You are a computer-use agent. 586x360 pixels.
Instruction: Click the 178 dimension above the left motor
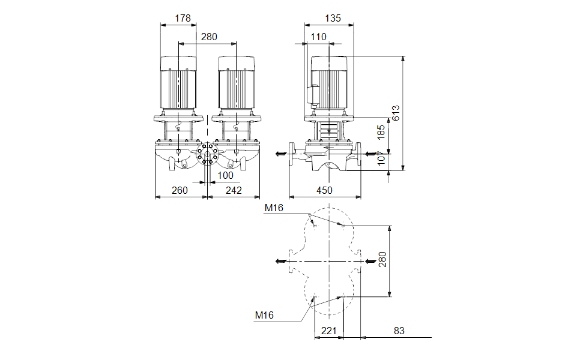[x=183, y=19]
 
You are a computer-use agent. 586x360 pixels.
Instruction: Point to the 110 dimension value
[x=318, y=37]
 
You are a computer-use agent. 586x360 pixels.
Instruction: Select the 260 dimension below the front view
[x=180, y=190]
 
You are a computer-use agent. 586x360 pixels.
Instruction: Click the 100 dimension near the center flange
[x=225, y=175]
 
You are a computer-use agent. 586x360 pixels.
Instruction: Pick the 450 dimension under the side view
[x=324, y=190]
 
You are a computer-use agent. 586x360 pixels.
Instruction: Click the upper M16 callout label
[x=274, y=208]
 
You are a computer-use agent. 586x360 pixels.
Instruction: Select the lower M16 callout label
[x=264, y=315]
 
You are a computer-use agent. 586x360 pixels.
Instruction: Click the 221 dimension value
[x=329, y=331]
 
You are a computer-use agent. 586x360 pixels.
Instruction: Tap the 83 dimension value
[x=399, y=331]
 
